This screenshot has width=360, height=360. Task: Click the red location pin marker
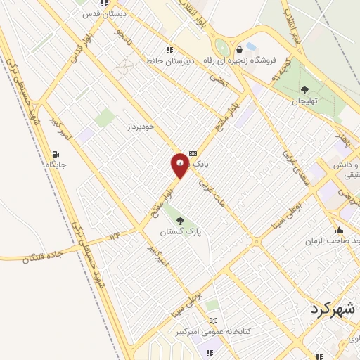point(179,165)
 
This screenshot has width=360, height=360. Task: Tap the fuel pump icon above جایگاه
point(56,154)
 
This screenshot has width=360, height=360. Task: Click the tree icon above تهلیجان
point(304,90)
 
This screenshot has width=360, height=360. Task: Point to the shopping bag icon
point(241,49)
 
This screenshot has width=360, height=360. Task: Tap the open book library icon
point(214,321)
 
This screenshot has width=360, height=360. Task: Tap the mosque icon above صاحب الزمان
point(340,230)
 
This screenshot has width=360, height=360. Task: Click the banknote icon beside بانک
point(193,153)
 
